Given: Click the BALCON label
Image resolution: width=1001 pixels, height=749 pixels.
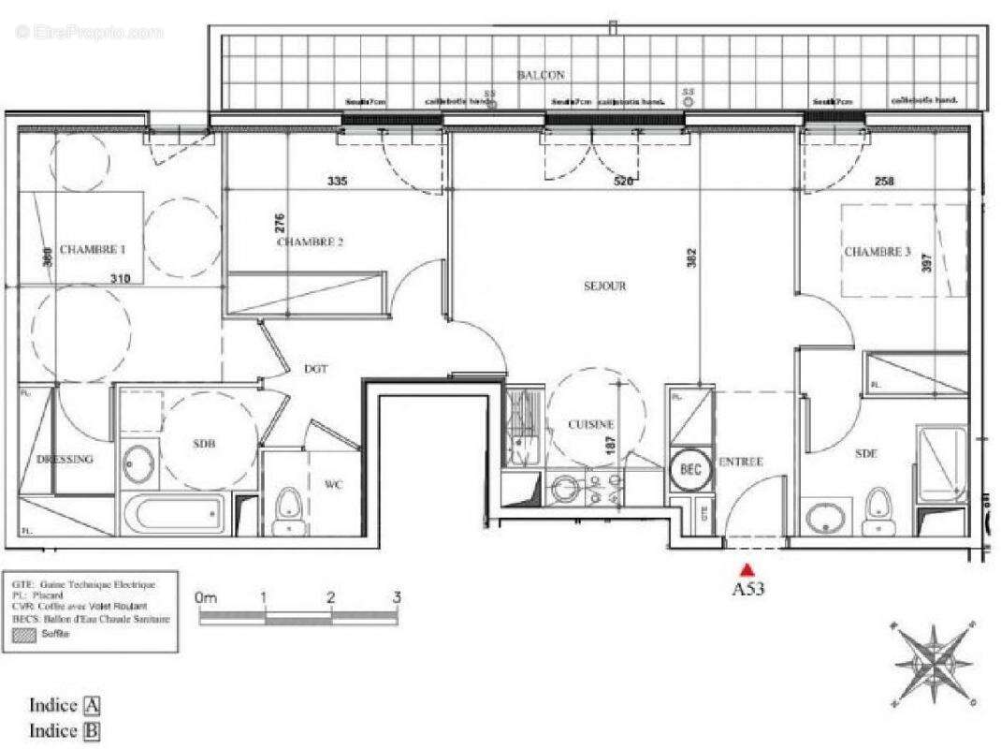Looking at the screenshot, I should [541, 74].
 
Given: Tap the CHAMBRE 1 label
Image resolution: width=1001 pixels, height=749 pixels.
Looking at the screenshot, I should [93, 250].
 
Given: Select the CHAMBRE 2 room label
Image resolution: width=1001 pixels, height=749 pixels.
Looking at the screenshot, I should [310, 242].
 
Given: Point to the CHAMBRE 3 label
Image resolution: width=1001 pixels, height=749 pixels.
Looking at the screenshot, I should [877, 252].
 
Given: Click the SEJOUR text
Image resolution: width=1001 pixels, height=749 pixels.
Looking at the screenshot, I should [604, 286].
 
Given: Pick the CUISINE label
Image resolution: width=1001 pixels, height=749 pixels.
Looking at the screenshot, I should [591, 424].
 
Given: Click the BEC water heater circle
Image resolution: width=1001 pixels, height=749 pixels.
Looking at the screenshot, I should [691, 469].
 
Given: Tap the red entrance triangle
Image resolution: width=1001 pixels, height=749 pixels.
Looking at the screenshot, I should [747, 569].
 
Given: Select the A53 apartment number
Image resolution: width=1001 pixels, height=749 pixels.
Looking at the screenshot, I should [747, 590].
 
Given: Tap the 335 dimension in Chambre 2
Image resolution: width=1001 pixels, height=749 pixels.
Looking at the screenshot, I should [338, 181].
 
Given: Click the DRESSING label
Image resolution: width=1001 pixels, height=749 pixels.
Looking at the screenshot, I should [65, 460].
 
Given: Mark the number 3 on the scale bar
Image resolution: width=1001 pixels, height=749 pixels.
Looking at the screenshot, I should [397, 597].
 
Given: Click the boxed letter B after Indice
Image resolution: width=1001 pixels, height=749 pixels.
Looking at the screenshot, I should [92, 730].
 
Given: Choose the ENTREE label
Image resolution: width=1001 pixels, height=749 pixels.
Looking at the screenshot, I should [741, 462].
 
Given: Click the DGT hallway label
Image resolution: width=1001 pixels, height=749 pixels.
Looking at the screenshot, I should [316, 369].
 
